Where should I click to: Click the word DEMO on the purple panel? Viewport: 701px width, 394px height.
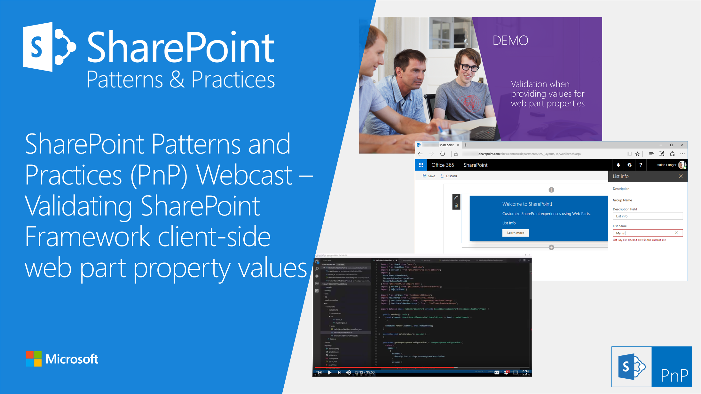510,41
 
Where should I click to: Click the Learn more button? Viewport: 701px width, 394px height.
515,233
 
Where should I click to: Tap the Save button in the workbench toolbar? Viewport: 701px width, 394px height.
429,176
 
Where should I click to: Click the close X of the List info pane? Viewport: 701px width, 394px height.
681,176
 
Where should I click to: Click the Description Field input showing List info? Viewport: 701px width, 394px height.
647,216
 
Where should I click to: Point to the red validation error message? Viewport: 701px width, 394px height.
639,240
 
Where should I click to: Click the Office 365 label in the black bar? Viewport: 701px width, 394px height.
442,165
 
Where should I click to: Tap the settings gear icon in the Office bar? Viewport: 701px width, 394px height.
629,165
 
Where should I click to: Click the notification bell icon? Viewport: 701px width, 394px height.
618,165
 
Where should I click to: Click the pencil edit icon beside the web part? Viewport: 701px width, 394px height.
456,198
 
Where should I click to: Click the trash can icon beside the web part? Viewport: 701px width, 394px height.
456,206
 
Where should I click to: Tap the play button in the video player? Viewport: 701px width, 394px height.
329,372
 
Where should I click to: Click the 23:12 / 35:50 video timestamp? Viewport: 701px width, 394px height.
364,372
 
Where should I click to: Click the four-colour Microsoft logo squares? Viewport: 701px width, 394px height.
34,359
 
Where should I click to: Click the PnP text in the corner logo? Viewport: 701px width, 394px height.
674,375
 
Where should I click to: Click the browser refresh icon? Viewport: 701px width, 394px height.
442,154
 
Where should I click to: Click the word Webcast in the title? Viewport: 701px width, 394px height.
244,175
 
